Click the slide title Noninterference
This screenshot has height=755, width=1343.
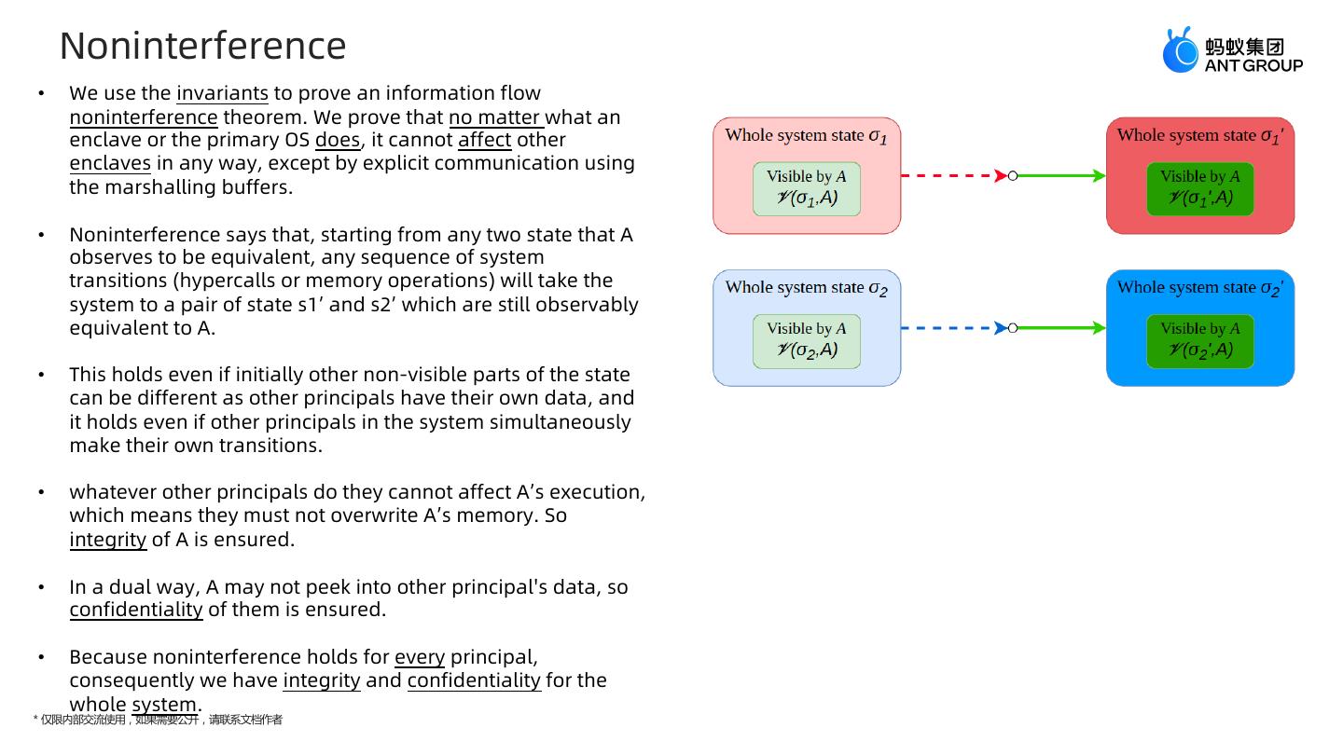[202, 46]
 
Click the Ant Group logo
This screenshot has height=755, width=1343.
[1231, 50]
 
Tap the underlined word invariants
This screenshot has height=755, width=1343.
[222, 93]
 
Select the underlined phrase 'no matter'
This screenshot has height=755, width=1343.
[495, 117]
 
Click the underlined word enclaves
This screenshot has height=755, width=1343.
[110, 163]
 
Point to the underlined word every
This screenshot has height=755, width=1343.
[420, 657]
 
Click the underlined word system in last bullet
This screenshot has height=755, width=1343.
[164, 704]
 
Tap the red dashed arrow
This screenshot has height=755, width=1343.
[951, 175]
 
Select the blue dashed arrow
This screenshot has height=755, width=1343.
[951, 328]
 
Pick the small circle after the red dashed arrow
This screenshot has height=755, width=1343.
[1013, 175]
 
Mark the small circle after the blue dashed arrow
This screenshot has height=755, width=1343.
[1013, 328]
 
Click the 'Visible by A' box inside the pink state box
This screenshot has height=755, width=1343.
[807, 189]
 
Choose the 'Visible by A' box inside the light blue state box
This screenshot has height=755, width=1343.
[807, 341]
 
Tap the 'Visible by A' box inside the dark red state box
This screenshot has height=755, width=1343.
[1200, 189]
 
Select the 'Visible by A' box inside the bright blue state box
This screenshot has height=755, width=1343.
[1200, 341]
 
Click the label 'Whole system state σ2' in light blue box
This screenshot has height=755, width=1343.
[807, 288]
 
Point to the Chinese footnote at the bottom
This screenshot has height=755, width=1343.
[158, 720]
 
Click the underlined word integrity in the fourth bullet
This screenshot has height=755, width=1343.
[108, 540]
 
